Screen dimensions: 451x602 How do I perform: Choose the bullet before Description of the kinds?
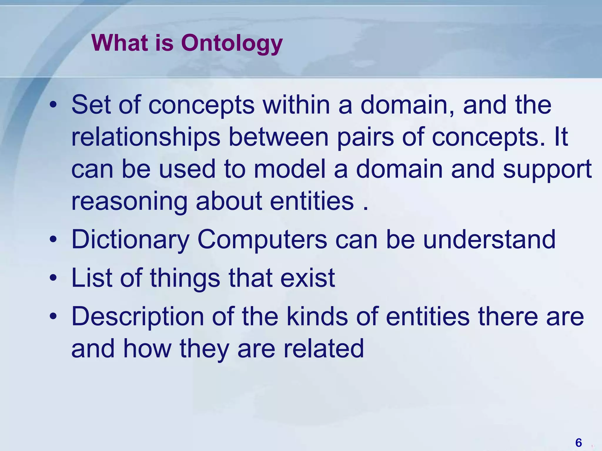click(53, 316)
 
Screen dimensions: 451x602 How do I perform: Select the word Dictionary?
click(131, 239)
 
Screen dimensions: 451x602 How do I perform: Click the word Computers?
click(262, 239)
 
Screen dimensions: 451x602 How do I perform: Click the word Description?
click(138, 317)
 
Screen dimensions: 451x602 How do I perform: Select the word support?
click(547, 169)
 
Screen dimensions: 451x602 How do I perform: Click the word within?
click(296, 105)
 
